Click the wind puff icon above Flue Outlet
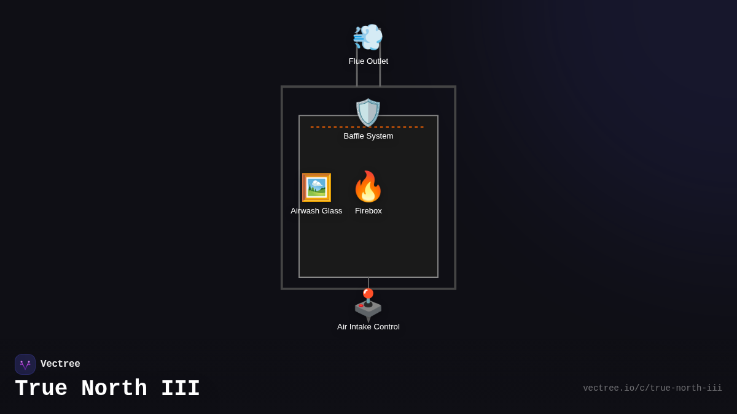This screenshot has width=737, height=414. point(368,37)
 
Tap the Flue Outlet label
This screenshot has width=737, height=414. point(368,61)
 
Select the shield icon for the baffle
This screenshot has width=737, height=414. point(368,112)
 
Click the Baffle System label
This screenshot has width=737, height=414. point(368,136)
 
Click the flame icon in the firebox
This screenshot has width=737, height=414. point(368,186)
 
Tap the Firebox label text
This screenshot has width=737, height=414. point(368,211)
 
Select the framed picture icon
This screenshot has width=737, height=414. point(316,187)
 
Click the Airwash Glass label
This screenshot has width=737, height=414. point(316,211)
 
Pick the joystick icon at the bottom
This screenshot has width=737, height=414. point(368,304)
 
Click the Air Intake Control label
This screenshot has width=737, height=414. point(368,327)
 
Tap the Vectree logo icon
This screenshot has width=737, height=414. point(25,364)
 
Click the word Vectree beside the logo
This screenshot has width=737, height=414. point(60,364)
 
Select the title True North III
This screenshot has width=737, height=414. point(107,389)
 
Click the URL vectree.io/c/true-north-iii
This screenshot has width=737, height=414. point(652,388)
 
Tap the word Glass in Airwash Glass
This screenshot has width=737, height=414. point(331,211)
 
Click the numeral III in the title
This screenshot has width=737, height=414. point(181,389)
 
